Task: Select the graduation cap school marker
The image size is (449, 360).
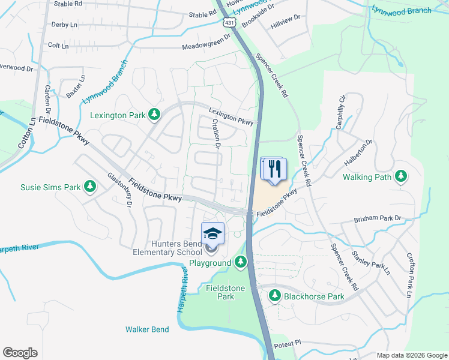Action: (x=212, y=233)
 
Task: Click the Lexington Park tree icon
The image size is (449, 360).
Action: (x=155, y=114)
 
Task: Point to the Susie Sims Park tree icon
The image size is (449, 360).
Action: (x=90, y=187)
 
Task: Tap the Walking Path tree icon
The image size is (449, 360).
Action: (x=400, y=177)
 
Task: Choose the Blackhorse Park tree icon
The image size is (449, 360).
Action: (x=275, y=295)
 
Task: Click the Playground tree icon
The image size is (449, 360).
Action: (x=241, y=262)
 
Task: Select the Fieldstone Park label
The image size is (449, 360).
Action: (x=220, y=292)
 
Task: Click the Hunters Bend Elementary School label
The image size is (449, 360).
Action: (x=169, y=248)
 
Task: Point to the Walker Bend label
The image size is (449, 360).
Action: (x=147, y=329)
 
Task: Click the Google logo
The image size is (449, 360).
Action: (x=20, y=353)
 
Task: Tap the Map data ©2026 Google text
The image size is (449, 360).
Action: (x=411, y=355)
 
